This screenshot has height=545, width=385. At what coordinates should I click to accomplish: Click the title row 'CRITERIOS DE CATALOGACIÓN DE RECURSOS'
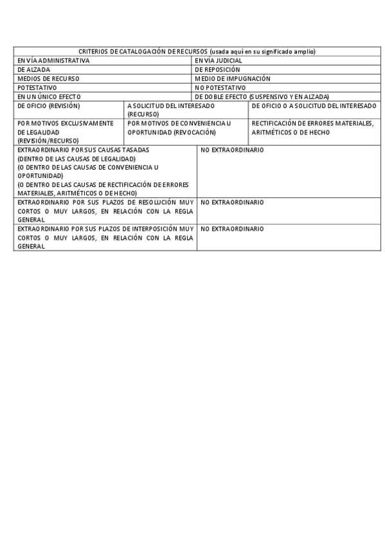click(197, 51)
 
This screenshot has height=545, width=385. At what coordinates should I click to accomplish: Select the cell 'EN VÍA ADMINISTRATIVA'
click(53, 60)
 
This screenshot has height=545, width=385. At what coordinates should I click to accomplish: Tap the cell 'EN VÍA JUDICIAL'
click(218, 60)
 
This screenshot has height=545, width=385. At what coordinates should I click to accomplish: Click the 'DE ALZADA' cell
click(34, 69)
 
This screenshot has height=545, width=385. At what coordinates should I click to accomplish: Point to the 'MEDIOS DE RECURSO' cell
click(48, 78)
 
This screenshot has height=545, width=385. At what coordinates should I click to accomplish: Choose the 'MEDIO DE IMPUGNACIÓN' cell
click(232, 78)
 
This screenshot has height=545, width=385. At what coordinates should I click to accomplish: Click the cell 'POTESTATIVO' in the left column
click(37, 87)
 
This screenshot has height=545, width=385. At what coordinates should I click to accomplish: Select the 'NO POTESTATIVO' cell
click(220, 87)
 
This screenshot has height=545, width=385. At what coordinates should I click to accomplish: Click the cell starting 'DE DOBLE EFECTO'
click(262, 96)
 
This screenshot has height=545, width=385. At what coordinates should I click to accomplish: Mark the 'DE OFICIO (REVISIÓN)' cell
click(49, 105)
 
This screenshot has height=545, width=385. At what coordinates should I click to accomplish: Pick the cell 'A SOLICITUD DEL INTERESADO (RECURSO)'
click(171, 109)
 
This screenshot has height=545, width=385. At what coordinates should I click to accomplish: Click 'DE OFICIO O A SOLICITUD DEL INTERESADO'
click(314, 105)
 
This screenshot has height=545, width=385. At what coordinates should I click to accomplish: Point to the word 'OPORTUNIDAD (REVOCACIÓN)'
click(171, 132)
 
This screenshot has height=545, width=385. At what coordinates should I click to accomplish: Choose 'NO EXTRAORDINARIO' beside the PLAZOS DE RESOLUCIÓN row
click(232, 202)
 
